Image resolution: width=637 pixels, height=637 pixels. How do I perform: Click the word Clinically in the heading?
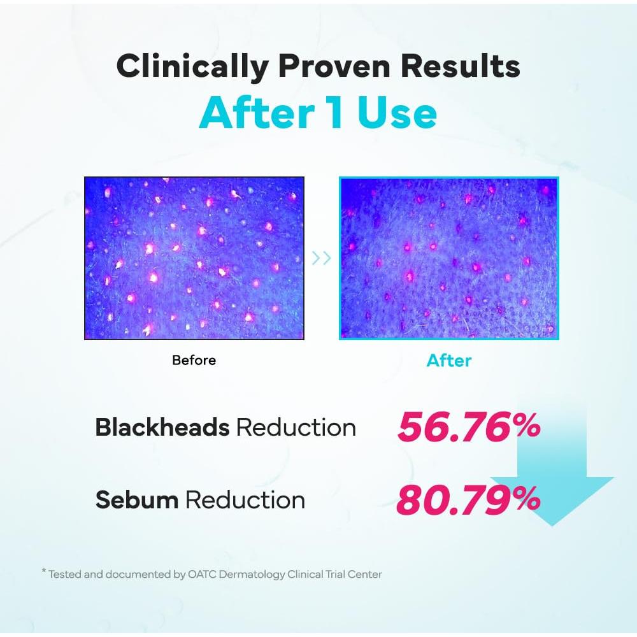pos(192,67)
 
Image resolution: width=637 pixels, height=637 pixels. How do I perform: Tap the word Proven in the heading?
pos(334,66)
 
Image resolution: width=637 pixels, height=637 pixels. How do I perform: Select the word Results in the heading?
pos(461,66)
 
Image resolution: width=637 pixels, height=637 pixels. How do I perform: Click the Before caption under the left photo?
pos(194,360)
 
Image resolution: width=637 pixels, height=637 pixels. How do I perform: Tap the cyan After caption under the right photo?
pos(449,361)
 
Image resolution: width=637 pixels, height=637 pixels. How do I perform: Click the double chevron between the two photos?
pos(321,257)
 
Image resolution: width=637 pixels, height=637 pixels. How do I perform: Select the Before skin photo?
pos(194,258)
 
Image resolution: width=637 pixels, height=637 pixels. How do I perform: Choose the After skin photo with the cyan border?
pos(449,258)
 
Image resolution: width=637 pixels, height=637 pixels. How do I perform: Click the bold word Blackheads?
pos(162,427)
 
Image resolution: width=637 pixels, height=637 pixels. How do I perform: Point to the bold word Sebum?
pos(137,499)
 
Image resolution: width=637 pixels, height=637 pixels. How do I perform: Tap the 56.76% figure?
pos(469,427)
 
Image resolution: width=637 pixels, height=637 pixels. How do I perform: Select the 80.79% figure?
pos(468,499)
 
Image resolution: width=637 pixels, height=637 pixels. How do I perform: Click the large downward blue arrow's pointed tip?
pos(552,526)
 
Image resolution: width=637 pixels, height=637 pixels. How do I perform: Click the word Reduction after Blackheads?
pos(296,427)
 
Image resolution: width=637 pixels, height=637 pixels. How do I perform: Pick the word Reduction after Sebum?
pos(245,499)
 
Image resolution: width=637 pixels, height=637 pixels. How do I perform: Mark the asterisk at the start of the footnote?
pos(44,571)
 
